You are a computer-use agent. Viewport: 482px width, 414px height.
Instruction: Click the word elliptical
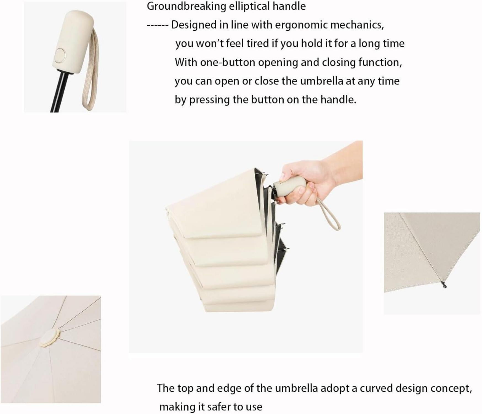click(x=249, y=6)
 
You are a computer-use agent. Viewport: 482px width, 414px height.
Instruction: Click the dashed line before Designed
click(x=157, y=25)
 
